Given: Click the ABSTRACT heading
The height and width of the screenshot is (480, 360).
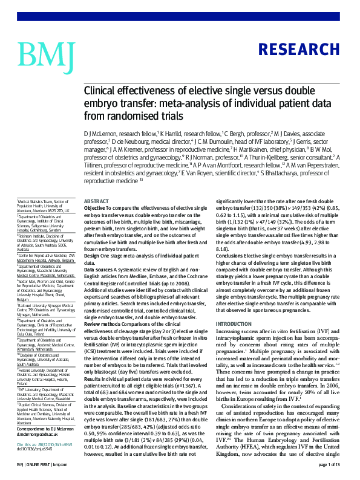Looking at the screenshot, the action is pos(96,201).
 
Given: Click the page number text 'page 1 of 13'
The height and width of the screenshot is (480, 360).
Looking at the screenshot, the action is pos(330,464).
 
